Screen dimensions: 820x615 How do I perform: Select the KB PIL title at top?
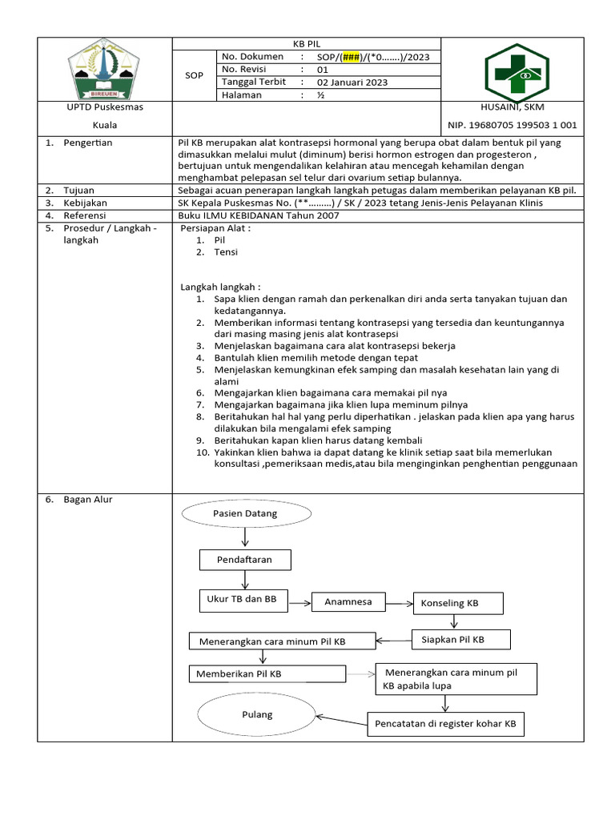(x=308, y=43)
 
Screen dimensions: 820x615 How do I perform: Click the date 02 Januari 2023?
(x=352, y=82)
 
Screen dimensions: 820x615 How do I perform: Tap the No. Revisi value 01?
(x=323, y=70)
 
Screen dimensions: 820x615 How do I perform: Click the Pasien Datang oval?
(x=244, y=512)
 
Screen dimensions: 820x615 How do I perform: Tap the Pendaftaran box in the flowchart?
(x=244, y=560)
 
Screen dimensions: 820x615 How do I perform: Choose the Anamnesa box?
(x=348, y=601)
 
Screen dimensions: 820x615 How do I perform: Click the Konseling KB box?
(x=457, y=603)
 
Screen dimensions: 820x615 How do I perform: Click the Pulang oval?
(x=256, y=714)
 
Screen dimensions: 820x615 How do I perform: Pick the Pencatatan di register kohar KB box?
(x=445, y=726)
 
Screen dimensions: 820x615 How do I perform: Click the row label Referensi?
(x=86, y=215)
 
